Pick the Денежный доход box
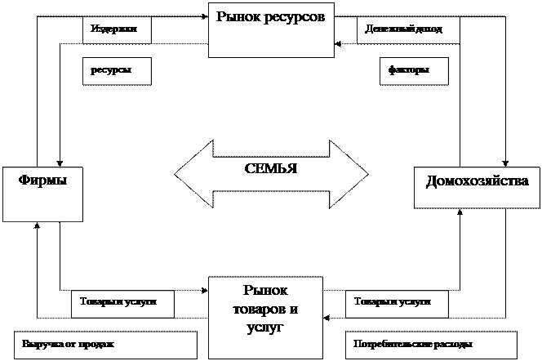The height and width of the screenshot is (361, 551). (x=408, y=29)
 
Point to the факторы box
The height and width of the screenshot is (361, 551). (x=415, y=70)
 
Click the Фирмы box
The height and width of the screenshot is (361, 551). (x=42, y=194)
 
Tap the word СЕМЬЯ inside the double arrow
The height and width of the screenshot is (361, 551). (x=271, y=169)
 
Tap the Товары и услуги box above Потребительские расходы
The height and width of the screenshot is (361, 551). (x=398, y=303)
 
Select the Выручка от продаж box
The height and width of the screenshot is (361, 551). (x=106, y=344)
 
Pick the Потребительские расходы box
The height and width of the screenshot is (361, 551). (x=432, y=344)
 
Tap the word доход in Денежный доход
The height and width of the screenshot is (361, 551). (x=429, y=29)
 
